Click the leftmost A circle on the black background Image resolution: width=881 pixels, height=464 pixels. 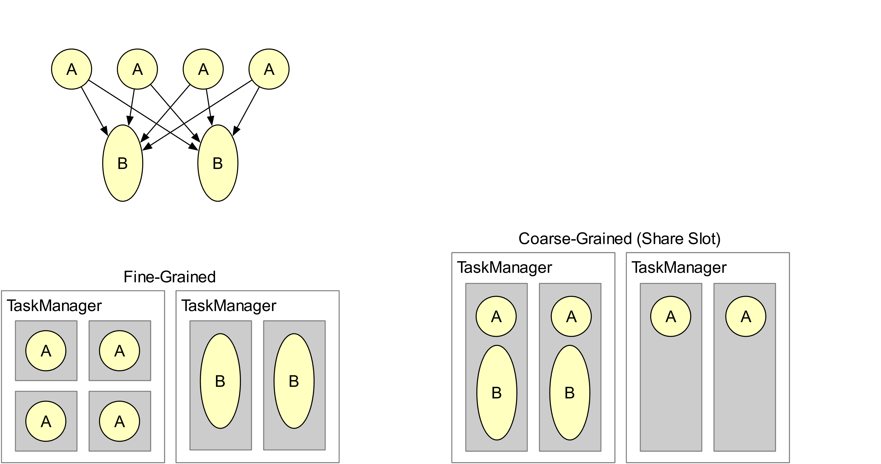point(72,69)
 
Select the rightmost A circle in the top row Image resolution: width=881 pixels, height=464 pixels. point(269,69)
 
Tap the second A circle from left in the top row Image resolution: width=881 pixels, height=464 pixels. point(137,69)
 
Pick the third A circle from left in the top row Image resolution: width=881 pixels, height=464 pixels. point(203,69)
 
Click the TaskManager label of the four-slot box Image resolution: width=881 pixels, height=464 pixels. point(54,306)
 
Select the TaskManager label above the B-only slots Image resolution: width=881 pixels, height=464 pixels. point(228,306)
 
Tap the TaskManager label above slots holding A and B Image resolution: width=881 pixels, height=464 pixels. point(504,267)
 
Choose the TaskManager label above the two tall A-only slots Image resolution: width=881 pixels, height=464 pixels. point(679,267)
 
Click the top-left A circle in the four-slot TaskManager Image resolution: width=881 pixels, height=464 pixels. point(46,351)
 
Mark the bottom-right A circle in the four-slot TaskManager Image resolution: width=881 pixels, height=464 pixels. point(119,421)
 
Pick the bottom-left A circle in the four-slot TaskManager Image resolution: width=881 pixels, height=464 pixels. point(46,421)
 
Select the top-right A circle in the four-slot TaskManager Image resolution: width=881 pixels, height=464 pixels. point(119,351)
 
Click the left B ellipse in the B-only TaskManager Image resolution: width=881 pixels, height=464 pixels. point(220,381)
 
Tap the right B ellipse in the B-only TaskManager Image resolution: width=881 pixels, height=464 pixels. point(294,381)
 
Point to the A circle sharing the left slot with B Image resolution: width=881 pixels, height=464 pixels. point(496,316)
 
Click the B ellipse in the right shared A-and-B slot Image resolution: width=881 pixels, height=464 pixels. point(570,392)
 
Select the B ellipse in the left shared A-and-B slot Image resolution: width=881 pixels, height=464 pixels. point(497,392)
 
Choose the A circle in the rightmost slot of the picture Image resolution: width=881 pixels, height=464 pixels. point(746,316)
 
